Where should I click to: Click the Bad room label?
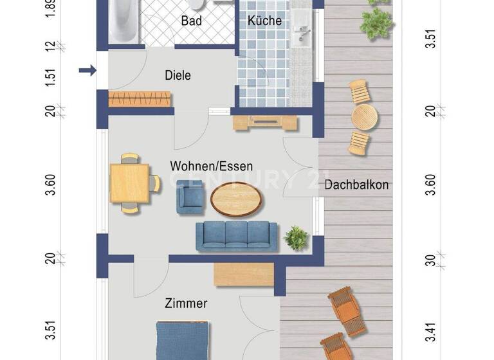pyautogui.click(x=192, y=21)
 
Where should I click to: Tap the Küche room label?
pyautogui.click(x=264, y=21)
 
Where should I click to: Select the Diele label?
pyautogui.click(x=178, y=75)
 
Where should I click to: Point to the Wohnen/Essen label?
pyautogui.click(x=211, y=166)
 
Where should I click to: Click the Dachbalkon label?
pyautogui.click(x=356, y=185)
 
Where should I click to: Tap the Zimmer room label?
pyautogui.click(x=186, y=303)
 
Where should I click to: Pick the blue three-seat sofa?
pyautogui.click(x=237, y=236)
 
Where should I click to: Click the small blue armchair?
pyautogui.click(x=190, y=197)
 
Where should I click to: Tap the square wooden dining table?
pyautogui.click(x=129, y=183)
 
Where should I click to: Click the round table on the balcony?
pyautogui.click(x=364, y=117)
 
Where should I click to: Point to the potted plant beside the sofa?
pyautogui.click(x=296, y=237)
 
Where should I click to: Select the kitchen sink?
pyautogui.click(x=300, y=35)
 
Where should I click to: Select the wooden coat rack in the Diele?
pyautogui.click(x=140, y=99)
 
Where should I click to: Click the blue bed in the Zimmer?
pyautogui.click(x=183, y=341)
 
